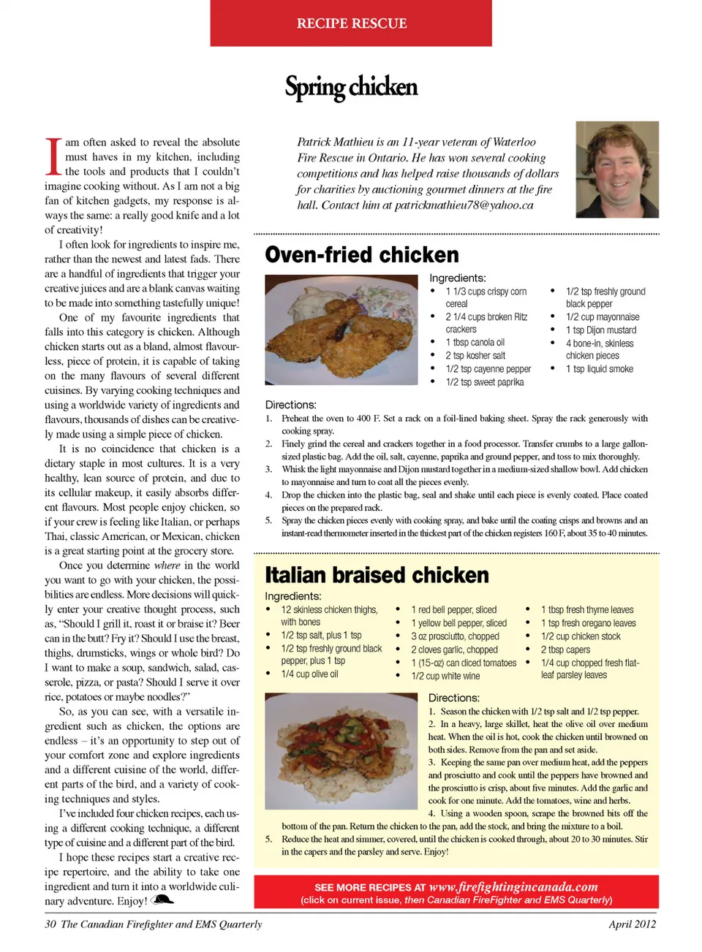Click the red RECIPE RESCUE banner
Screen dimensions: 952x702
click(351, 23)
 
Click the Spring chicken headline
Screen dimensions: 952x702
click(351, 87)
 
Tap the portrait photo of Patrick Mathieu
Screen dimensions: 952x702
click(617, 170)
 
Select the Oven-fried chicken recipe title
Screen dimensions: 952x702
click(362, 255)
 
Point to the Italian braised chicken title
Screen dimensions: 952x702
click(377, 575)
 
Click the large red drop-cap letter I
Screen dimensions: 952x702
click(53, 156)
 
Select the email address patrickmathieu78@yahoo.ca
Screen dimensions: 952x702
click(464, 205)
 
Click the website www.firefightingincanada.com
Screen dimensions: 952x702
click(513, 887)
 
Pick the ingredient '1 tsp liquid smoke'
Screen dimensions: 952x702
click(599, 369)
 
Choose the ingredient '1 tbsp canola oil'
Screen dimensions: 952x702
click(475, 343)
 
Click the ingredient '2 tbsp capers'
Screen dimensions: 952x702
click(565, 650)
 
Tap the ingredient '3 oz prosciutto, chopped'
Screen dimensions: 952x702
click(455, 636)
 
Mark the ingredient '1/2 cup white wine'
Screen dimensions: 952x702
click(445, 676)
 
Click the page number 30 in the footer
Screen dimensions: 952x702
click(50, 924)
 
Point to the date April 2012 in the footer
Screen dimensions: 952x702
click(632, 924)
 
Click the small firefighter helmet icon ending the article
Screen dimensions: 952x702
click(162, 900)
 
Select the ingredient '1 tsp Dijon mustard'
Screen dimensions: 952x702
click(600, 330)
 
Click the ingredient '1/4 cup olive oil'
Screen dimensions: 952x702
click(309, 674)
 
